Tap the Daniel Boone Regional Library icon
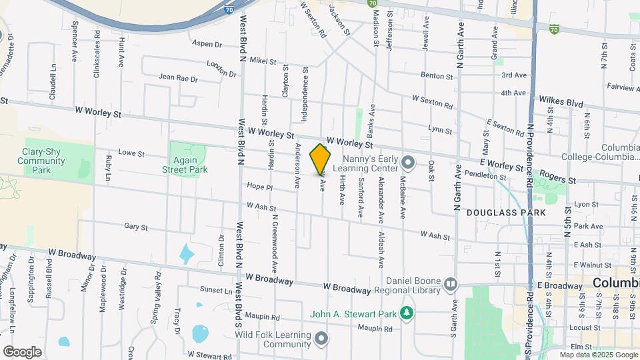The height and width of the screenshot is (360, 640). pos(451,285)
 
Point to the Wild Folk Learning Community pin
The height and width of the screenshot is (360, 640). pos(322,339)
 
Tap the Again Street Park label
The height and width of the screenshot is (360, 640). pos(185,165)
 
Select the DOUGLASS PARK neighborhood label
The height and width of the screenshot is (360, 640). pos(506,213)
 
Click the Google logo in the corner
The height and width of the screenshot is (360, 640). pos(22,351)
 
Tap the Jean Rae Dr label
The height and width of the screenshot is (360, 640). pos(178,78)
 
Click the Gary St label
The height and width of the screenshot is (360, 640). pos(135,227)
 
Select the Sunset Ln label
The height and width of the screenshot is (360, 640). pos(215,291)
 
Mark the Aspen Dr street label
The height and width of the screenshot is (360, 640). pos(206,44)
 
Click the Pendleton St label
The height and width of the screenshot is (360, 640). pos(487,177)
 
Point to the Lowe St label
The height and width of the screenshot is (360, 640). pos(131,153)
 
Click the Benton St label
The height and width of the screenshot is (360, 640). pos(437,77)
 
